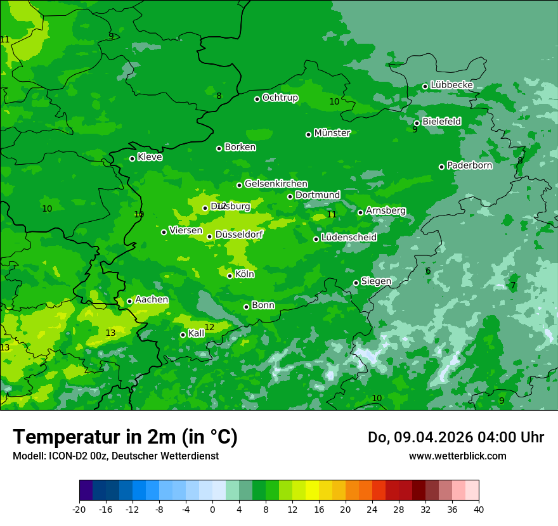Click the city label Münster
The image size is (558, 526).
pyautogui.click(x=332, y=133)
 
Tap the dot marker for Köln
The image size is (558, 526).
pyautogui.click(x=230, y=276)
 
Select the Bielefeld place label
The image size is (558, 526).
pyautogui.click(x=441, y=121)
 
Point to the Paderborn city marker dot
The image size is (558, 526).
pyautogui.click(x=441, y=167)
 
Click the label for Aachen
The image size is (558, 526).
pyautogui.click(x=152, y=300)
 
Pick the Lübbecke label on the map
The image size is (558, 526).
pyautogui.click(x=451, y=85)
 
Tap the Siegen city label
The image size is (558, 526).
pyautogui.click(x=376, y=281)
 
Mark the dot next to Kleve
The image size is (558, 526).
pyautogui.click(x=132, y=158)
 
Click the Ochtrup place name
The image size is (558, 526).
pyautogui.click(x=280, y=98)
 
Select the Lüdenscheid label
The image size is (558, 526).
pyautogui.click(x=349, y=238)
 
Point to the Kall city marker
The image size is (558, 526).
pyautogui.click(x=183, y=335)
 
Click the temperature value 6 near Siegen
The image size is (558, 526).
pyautogui.click(x=428, y=271)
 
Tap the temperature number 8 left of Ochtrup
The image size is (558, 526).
pyautogui.click(x=219, y=96)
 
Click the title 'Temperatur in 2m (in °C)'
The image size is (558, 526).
pyautogui.click(x=125, y=437)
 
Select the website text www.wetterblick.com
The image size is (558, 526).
pyautogui.click(x=457, y=456)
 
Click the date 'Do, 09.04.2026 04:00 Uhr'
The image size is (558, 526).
pyautogui.click(x=455, y=437)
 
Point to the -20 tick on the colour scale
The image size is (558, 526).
pyautogui.click(x=79, y=509)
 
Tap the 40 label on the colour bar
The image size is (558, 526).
pyautogui.click(x=479, y=509)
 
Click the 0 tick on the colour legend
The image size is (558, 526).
pyautogui.click(x=212, y=509)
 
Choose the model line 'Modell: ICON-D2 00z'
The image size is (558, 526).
pyautogui.click(x=60, y=456)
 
